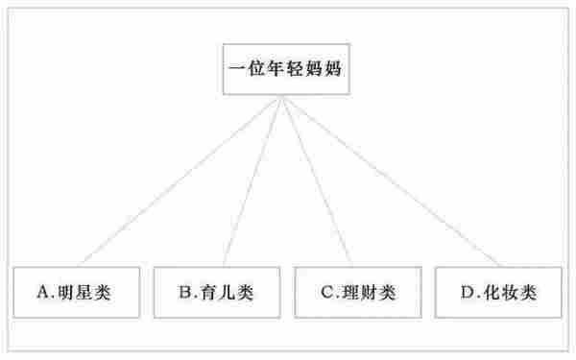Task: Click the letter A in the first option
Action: [x=42, y=290]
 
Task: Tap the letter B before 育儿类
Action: [x=183, y=290]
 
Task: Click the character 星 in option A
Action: [x=83, y=290]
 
